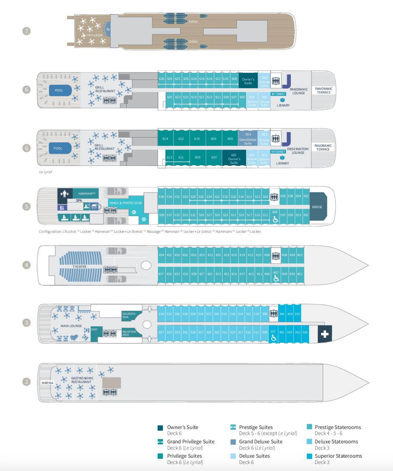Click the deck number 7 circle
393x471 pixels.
27,31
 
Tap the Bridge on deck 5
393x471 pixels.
317,207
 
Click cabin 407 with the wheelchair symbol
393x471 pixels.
276,276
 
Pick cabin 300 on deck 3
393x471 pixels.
305,332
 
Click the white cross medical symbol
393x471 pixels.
325,334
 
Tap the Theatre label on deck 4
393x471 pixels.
80,267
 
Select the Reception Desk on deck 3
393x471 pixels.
129,333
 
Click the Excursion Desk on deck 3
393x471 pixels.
129,315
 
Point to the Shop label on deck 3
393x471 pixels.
94,330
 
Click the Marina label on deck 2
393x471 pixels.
48,383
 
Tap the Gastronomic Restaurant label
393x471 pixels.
82,380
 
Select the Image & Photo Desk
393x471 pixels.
126,203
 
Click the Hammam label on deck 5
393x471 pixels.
86,193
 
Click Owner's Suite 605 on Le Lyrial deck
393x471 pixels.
234,159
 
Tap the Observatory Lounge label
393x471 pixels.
298,151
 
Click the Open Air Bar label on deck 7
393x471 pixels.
94,35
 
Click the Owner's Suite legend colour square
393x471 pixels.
160,428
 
